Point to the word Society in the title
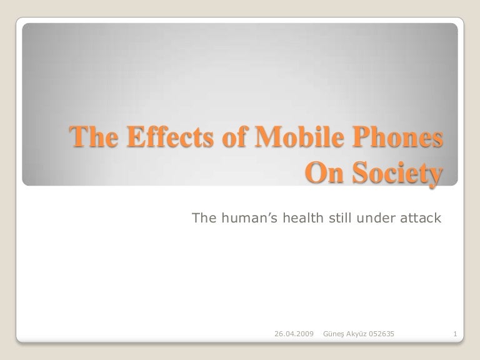click(399, 172)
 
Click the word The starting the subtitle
click(204, 218)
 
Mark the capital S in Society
click(364, 172)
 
